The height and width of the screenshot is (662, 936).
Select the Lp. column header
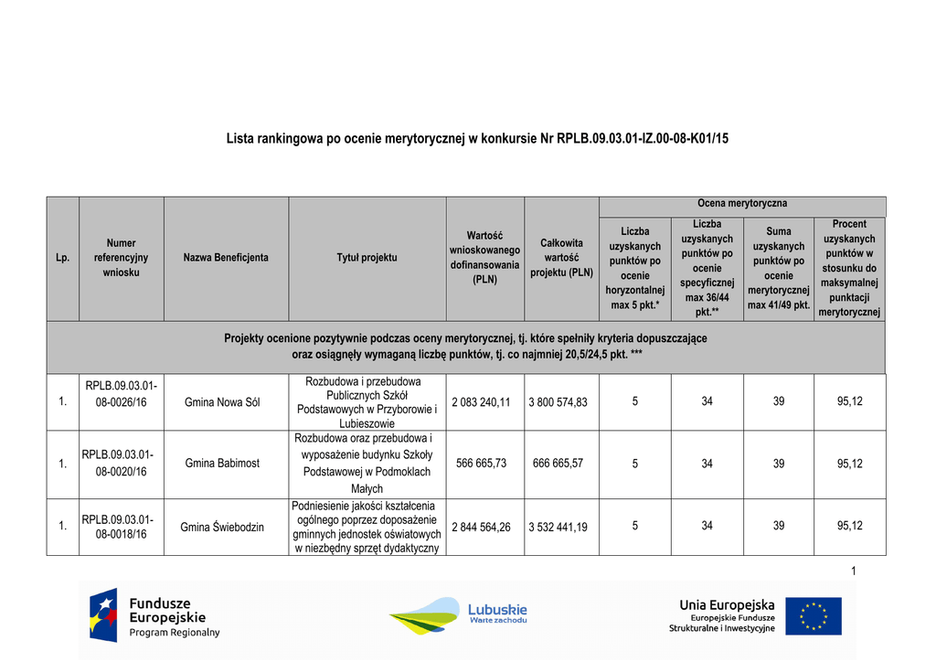coord(62,258)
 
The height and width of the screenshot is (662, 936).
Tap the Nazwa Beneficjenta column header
coord(226,258)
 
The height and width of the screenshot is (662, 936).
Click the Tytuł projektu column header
coord(367,258)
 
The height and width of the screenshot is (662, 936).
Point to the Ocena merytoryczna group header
coord(742,203)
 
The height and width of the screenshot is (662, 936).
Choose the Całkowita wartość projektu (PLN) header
coord(561,258)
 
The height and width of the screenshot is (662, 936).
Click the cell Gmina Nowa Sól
coord(222,402)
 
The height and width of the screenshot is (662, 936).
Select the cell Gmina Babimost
coord(222,464)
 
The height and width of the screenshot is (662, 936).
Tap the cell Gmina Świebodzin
coord(222,526)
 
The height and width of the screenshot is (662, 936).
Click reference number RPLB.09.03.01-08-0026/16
coord(122,394)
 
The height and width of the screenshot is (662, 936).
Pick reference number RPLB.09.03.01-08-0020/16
coord(118,463)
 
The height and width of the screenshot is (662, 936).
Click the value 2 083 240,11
coord(481,402)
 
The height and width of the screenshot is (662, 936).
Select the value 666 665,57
coord(558,464)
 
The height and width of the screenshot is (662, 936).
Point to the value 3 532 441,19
coord(558,526)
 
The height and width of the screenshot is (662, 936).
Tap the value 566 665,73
coord(481,464)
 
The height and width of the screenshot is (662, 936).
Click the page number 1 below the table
coord(853,571)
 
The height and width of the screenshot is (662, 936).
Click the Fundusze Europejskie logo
coord(154,614)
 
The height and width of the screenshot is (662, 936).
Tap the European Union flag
coord(814,615)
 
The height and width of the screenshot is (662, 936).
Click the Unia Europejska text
coord(727,605)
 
